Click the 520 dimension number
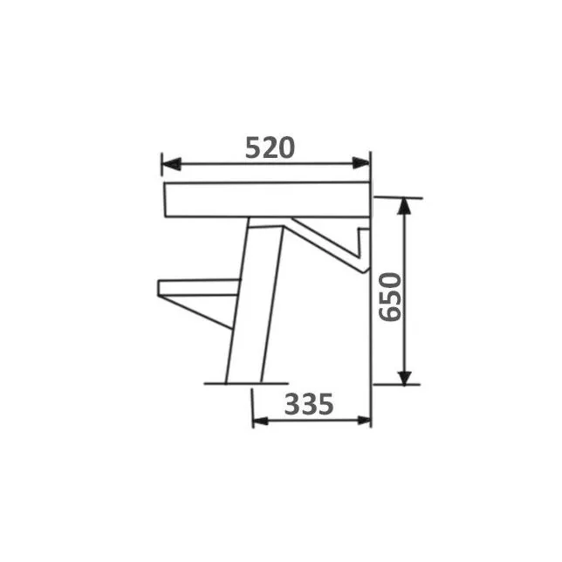tap(270, 147)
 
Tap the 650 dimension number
tap(390, 297)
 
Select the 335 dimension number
tap(309, 404)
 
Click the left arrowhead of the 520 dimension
tap(171, 164)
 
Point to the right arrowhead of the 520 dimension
tap(360, 163)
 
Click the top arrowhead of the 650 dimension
tap(404, 207)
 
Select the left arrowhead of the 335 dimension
tap(261, 421)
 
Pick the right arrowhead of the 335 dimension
tap(364, 421)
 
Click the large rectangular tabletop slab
tap(267, 200)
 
